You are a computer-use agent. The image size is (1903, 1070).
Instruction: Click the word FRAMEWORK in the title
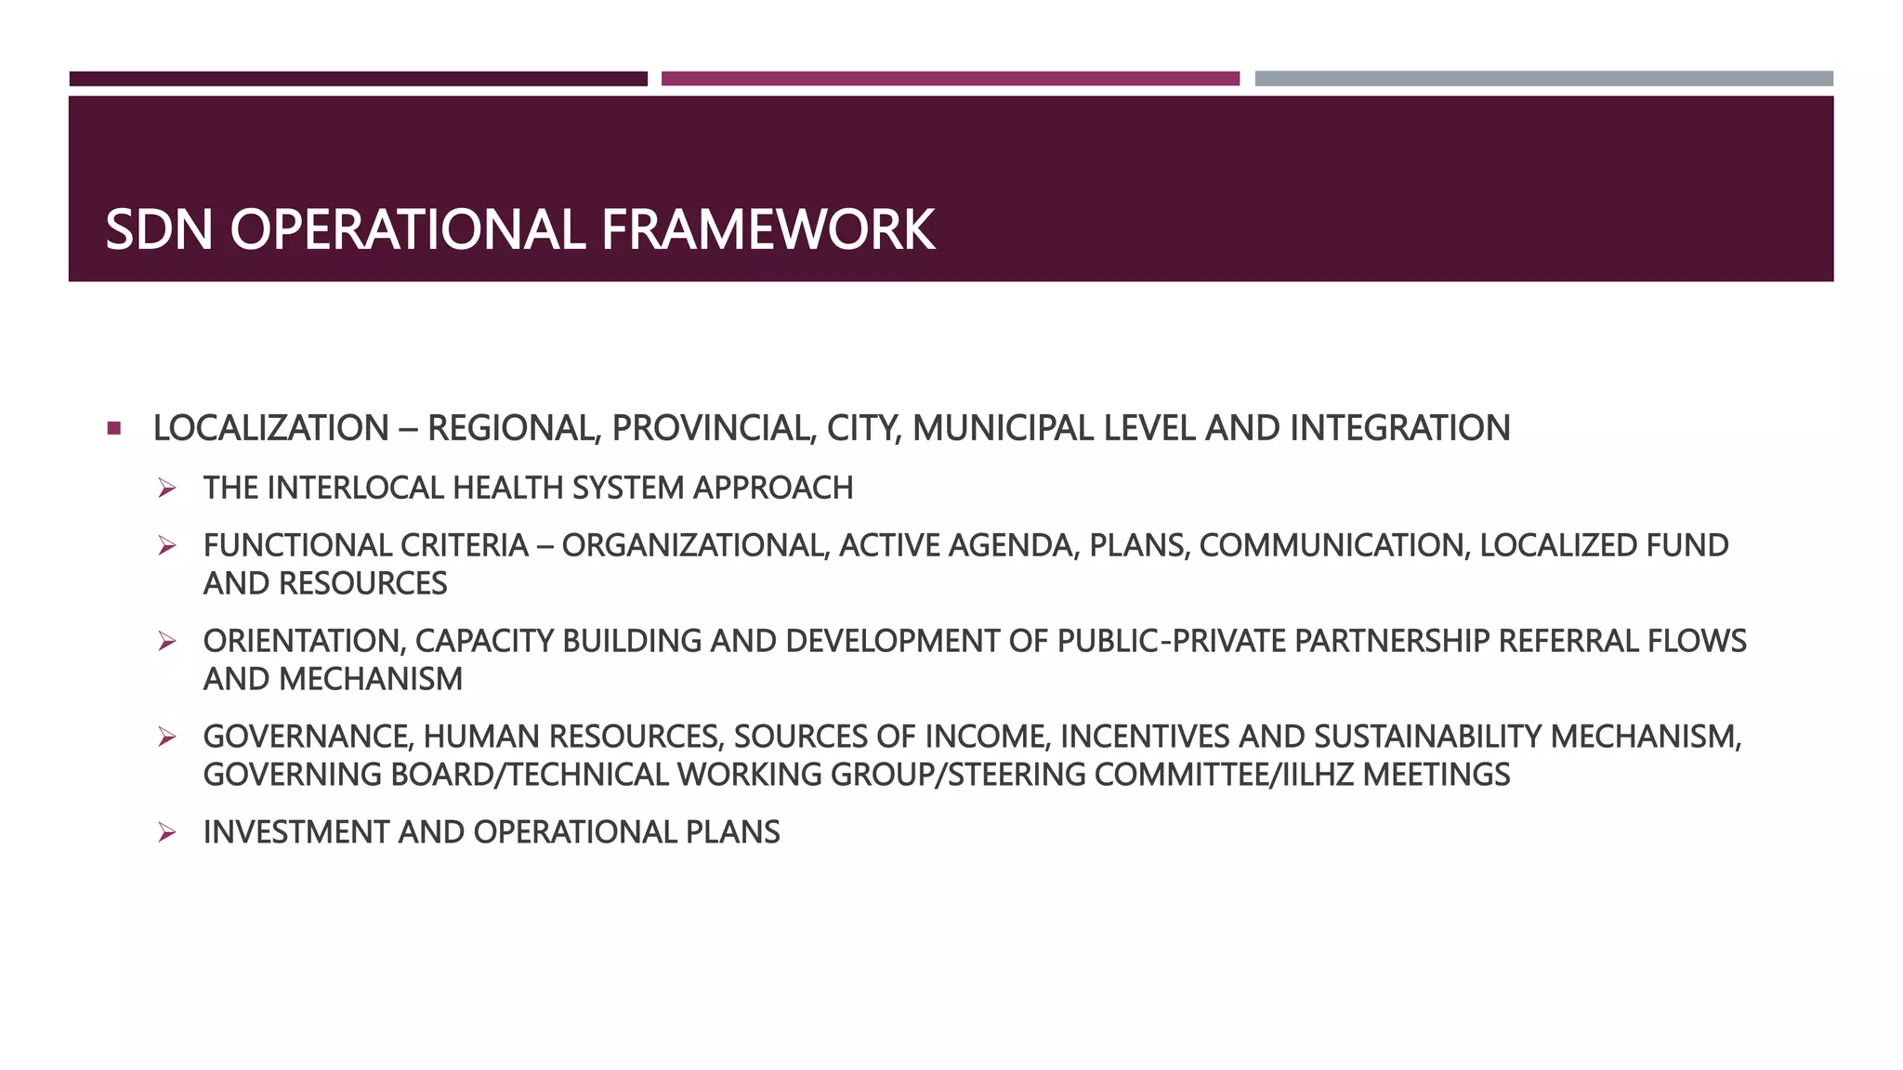coord(768,229)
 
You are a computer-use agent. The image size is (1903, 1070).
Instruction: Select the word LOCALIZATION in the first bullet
coord(270,428)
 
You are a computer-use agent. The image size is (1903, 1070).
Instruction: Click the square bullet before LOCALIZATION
coord(113,428)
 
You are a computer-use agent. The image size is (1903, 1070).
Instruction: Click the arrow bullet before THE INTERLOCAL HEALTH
coord(167,488)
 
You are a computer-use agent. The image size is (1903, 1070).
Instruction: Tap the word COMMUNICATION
coord(1334,545)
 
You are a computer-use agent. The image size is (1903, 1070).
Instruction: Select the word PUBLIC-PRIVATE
coord(1172,641)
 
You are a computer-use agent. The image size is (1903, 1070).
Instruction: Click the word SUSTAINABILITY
coord(1426,737)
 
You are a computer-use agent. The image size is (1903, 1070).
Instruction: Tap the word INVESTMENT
coord(296,832)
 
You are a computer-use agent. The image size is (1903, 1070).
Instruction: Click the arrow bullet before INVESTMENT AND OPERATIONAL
coord(167,832)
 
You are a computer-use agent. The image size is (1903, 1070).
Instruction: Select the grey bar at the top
coord(1543,79)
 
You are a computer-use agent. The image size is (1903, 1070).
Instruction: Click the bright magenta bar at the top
coord(950,79)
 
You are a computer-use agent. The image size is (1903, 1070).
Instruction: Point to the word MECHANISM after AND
coord(370,679)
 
